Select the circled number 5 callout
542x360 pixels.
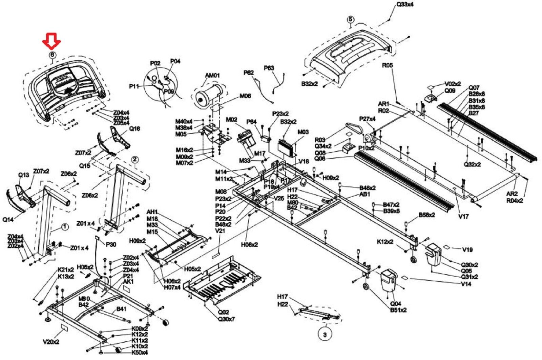click(350, 20)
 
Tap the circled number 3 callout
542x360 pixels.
click(325, 334)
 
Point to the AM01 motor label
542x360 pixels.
click(212, 75)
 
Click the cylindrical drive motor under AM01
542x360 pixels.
click(207, 95)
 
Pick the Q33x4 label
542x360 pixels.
click(405, 5)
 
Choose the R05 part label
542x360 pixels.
click(387, 65)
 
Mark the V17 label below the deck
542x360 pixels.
click(463, 216)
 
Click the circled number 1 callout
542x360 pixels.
click(65, 227)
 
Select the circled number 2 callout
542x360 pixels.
click(135, 159)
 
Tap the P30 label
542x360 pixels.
click(111, 244)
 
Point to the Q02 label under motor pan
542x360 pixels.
click(223, 312)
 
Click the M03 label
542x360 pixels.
click(303, 132)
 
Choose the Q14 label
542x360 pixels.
click(8, 219)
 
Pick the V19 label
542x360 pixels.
click(467, 249)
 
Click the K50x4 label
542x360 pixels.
click(140, 353)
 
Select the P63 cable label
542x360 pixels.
click(269, 68)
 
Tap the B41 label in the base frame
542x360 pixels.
click(121, 309)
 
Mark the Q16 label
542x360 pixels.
click(134, 128)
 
